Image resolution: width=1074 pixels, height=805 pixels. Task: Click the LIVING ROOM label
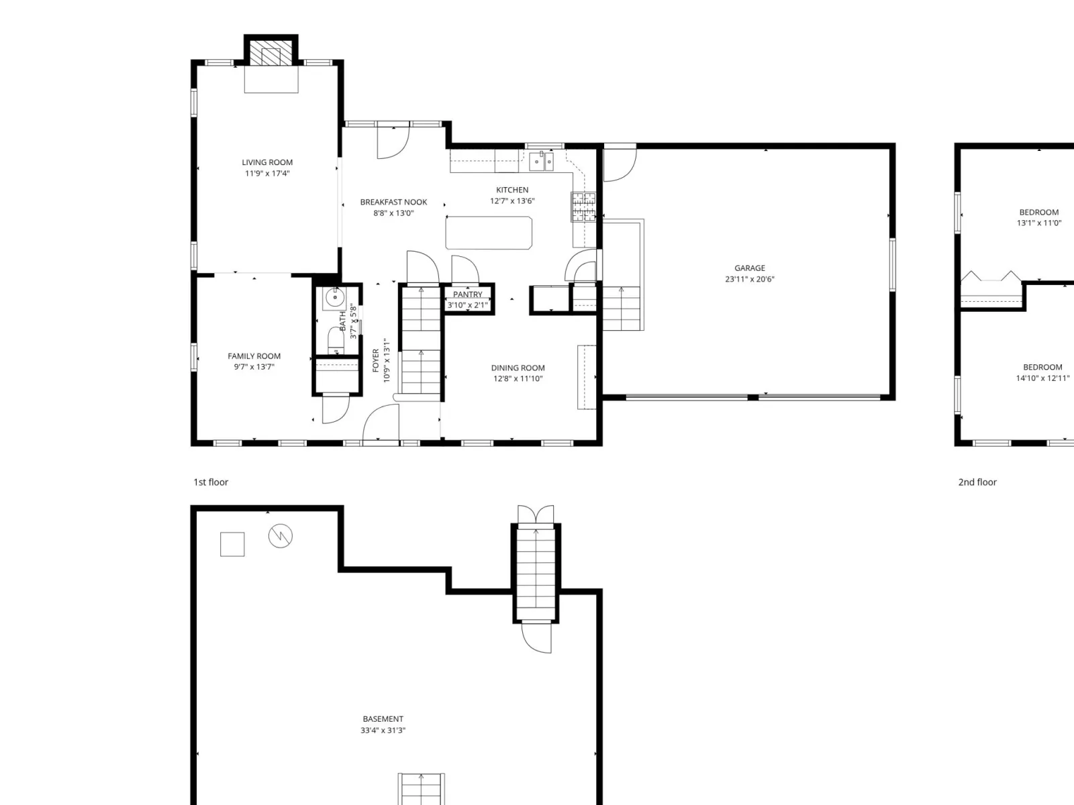click(x=267, y=162)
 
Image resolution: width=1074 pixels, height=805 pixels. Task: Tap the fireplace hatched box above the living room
click(x=271, y=53)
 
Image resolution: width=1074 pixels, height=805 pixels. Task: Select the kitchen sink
click(x=541, y=161)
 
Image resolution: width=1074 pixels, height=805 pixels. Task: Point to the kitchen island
click(x=488, y=233)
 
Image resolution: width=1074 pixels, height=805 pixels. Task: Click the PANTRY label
click(x=467, y=294)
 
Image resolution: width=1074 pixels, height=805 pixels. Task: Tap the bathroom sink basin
click(x=335, y=297)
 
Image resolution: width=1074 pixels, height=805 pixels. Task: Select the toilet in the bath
click(x=336, y=340)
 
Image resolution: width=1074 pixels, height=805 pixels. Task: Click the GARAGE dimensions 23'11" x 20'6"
click(x=750, y=279)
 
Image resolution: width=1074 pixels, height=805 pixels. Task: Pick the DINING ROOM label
click(x=518, y=368)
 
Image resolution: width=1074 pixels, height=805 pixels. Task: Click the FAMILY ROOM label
click(x=254, y=356)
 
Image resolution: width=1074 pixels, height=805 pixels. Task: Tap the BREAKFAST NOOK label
click(x=393, y=202)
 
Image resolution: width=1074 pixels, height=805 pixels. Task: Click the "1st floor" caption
click(x=211, y=482)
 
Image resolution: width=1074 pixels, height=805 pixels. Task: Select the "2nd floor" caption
click(x=977, y=482)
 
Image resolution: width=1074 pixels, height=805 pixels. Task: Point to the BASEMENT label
click(x=383, y=719)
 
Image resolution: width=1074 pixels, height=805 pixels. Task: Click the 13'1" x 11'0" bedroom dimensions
click(x=1039, y=223)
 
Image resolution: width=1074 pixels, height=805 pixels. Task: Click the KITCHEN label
click(x=512, y=190)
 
